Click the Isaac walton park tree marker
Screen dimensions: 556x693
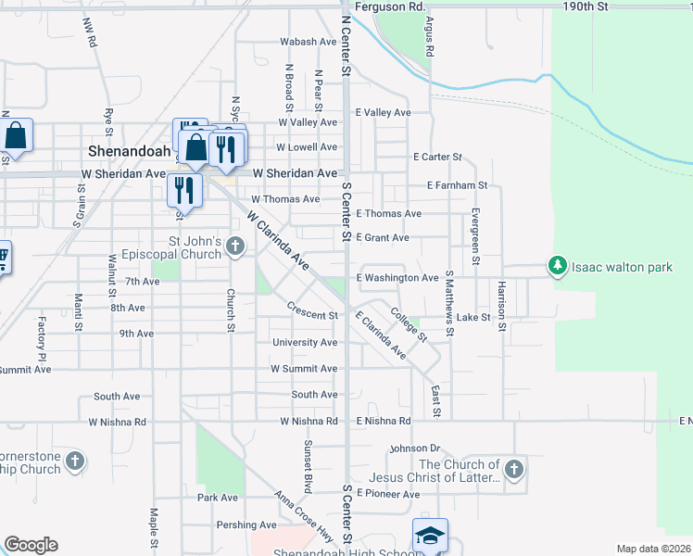[557, 267]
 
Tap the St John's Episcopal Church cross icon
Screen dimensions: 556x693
[236, 246]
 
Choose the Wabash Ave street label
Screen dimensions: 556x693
[309, 42]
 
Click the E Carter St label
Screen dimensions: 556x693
[437, 158]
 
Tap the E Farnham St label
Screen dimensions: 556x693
[457, 185]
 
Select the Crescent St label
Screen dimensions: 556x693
[311, 312]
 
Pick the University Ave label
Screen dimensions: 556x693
[305, 342]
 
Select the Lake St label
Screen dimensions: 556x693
[472, 317]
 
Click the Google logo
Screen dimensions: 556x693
[31, 544]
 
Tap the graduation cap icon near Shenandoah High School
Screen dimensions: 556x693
[430, 536]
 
